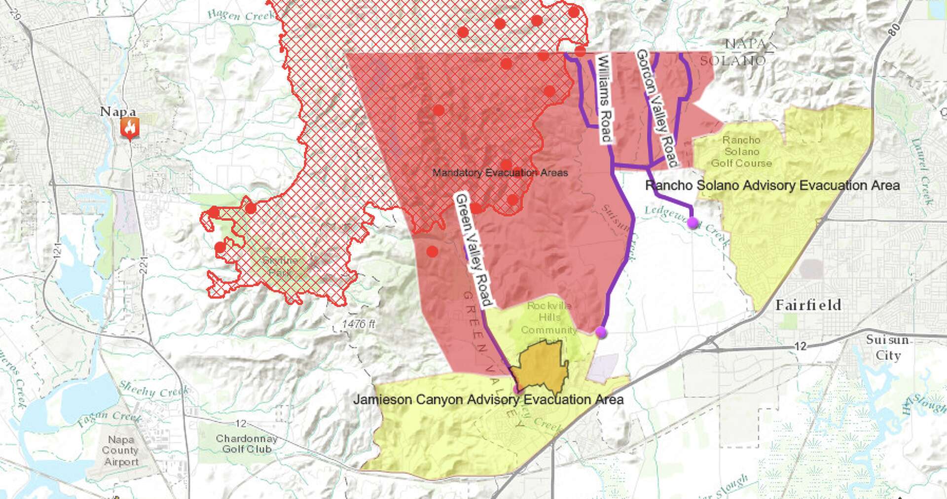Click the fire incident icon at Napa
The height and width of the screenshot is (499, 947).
tap(130, 128)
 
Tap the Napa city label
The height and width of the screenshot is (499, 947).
tap(118, 111)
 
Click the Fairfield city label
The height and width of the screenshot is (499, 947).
tap(808, 305)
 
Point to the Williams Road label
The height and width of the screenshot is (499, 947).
tap(604, 99)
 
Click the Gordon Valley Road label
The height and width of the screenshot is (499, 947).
tap(657, 107)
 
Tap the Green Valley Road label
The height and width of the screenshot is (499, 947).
tap(473, 249)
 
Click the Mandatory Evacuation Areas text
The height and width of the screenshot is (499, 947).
tap(500, 173)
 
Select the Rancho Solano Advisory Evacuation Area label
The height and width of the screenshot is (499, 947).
tap(772, 185)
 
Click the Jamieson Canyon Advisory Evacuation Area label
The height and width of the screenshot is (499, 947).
tap(488, 399)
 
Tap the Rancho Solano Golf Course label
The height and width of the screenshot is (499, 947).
tap(741, 152)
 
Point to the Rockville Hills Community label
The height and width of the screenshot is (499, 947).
tap(549, 318)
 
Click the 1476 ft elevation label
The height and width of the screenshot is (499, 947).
tap(359, 324)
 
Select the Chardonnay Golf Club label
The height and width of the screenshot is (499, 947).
tap(246, 443)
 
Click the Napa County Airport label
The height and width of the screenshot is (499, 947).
tap(121, 450)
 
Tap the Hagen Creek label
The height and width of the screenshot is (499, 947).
tap(240, 15)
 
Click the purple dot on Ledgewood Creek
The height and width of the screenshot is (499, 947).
tap(693, 223)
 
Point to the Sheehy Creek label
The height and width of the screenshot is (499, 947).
tap(154, 390)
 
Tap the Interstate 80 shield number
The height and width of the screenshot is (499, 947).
tap(893, 29)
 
